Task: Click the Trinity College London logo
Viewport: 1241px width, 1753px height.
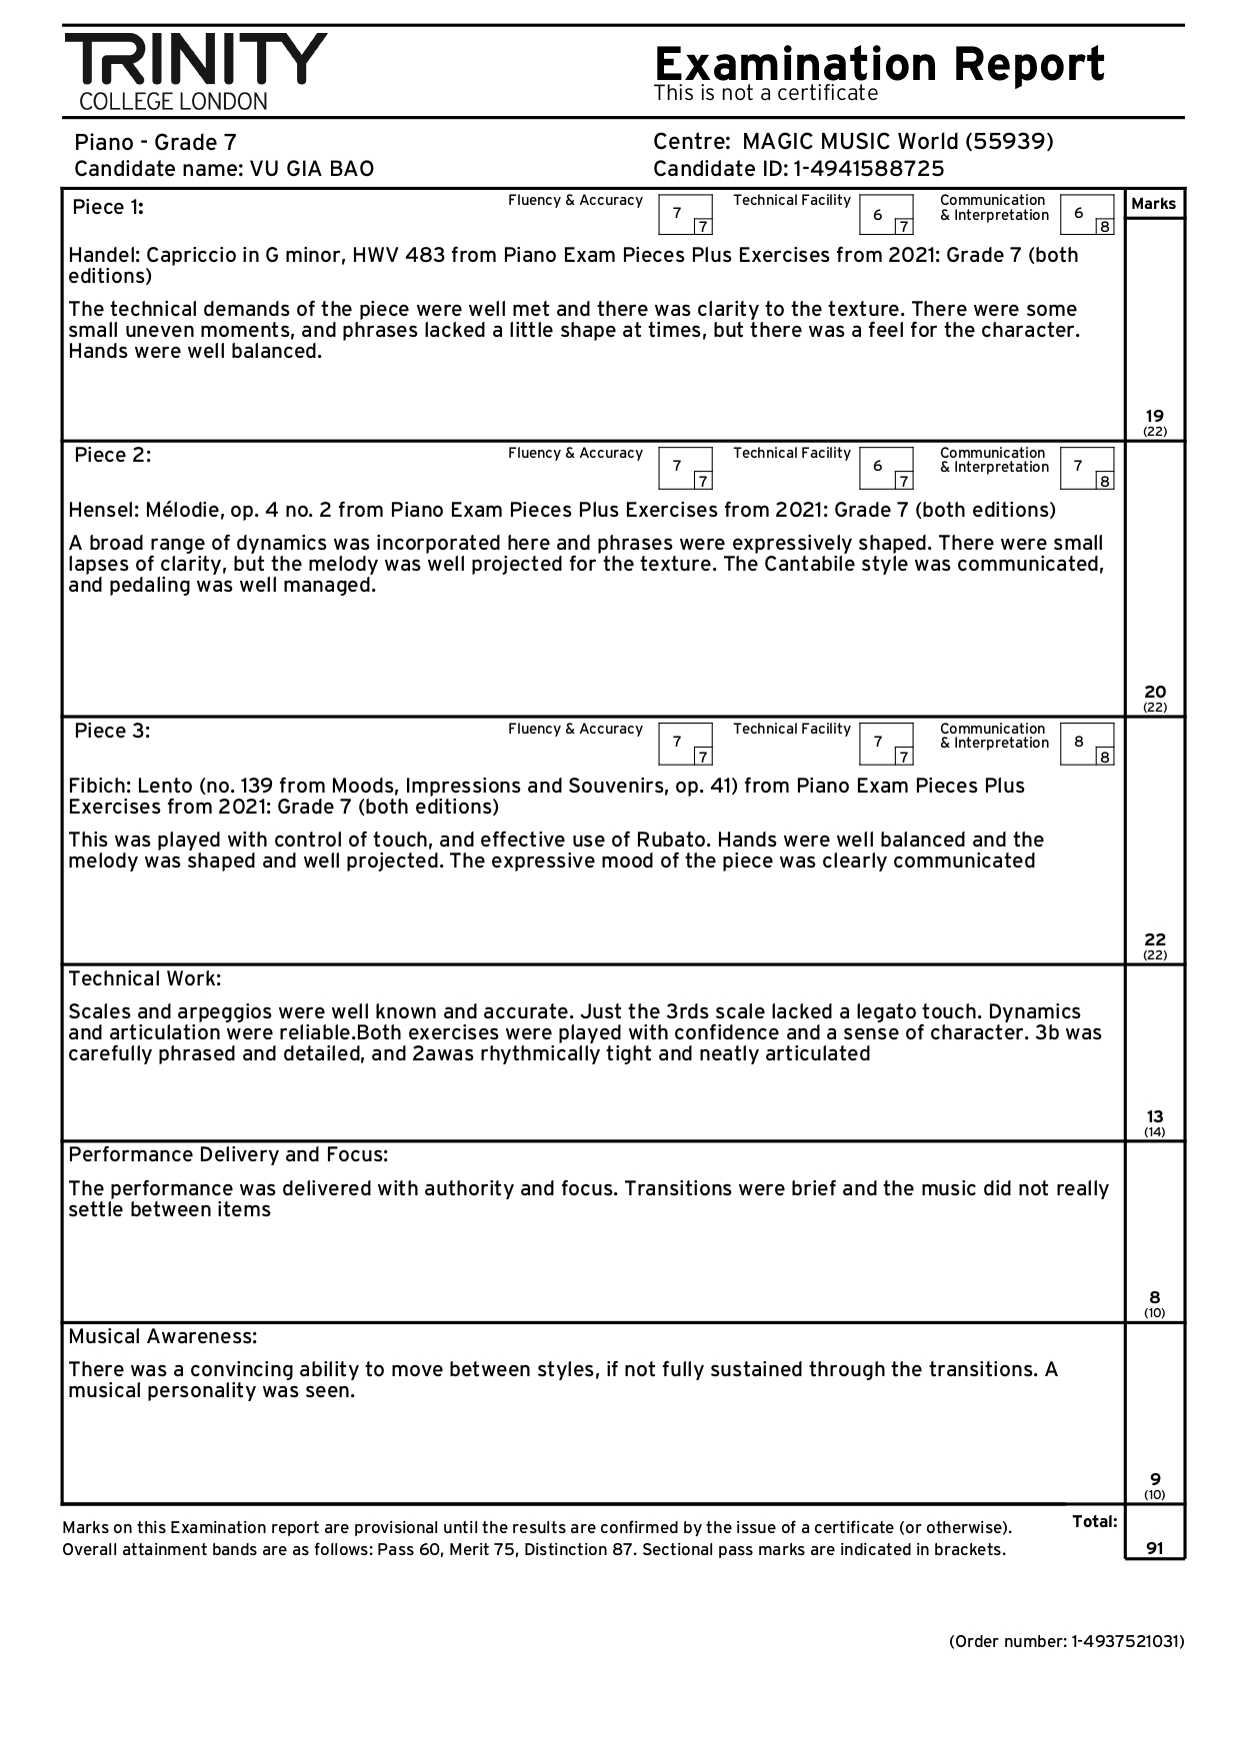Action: point(195,70)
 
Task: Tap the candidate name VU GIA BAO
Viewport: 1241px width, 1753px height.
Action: point(311,169)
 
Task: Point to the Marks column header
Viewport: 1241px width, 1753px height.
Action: point(1153,204)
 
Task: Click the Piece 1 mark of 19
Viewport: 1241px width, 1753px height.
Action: point(1154,416)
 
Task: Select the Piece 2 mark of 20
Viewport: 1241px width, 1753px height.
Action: point(1154,692)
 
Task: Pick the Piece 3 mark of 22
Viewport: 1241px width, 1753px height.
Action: point(1154,939)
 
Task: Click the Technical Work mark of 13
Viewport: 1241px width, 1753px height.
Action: point(1154,1116)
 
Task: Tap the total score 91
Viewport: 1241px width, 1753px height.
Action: point(1154,1548)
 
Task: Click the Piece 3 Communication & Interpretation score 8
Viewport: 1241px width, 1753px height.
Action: point(1078,742)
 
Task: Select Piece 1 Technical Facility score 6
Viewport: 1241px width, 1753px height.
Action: point(877,214)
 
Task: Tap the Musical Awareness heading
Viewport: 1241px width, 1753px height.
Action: point(162,1336)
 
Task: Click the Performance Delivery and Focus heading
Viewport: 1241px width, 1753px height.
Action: point(228,1155)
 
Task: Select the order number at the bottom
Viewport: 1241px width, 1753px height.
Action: point(1066,1641)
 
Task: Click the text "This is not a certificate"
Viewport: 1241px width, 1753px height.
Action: point(765,93)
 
